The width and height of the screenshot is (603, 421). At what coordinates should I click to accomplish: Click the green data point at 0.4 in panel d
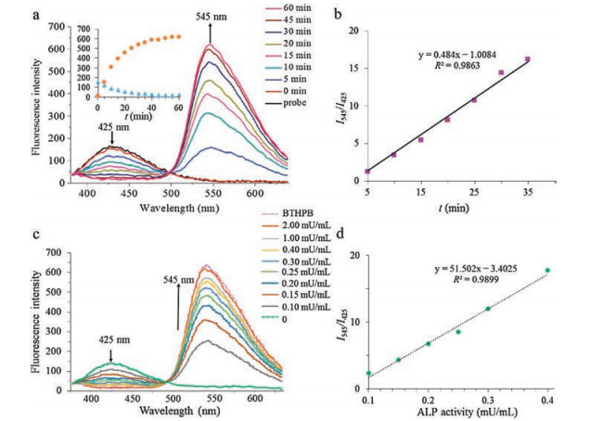(x=547, y=271)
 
